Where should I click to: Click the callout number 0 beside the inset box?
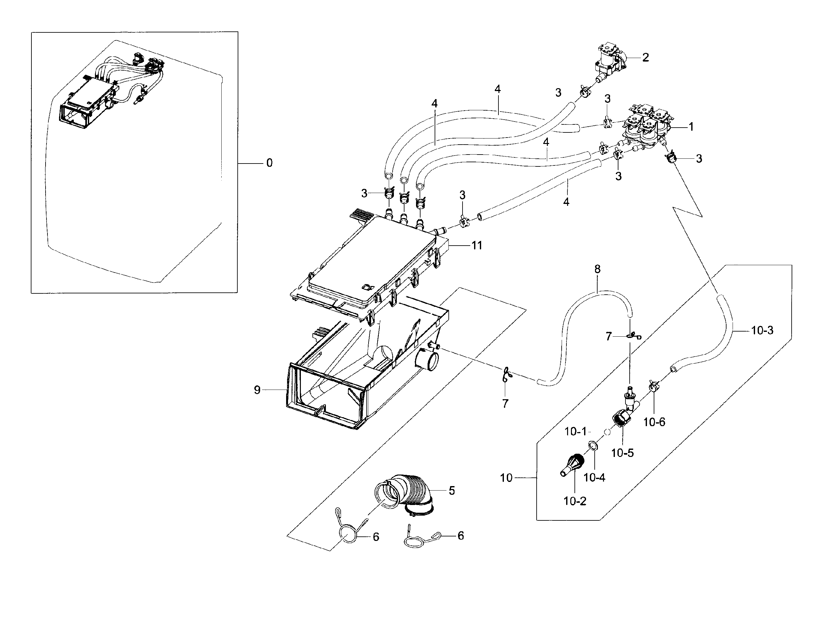(x=269, y=163)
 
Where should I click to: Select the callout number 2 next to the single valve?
(x=645, y=57)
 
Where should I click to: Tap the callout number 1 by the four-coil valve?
(x=691, y=127)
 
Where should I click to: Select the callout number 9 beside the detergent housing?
(x=257, y=390)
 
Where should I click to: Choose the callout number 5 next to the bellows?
(x=451, y=491)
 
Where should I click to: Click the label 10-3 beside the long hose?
(x=762, y=330)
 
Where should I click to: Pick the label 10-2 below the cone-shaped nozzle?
(x=575, y=501)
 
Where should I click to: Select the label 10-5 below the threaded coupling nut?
(x=622, y=453)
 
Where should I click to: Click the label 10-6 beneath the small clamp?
(x=654, y=422)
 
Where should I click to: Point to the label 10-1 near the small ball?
(x=575, y=431)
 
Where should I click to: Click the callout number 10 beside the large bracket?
(x=506, y=478)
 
